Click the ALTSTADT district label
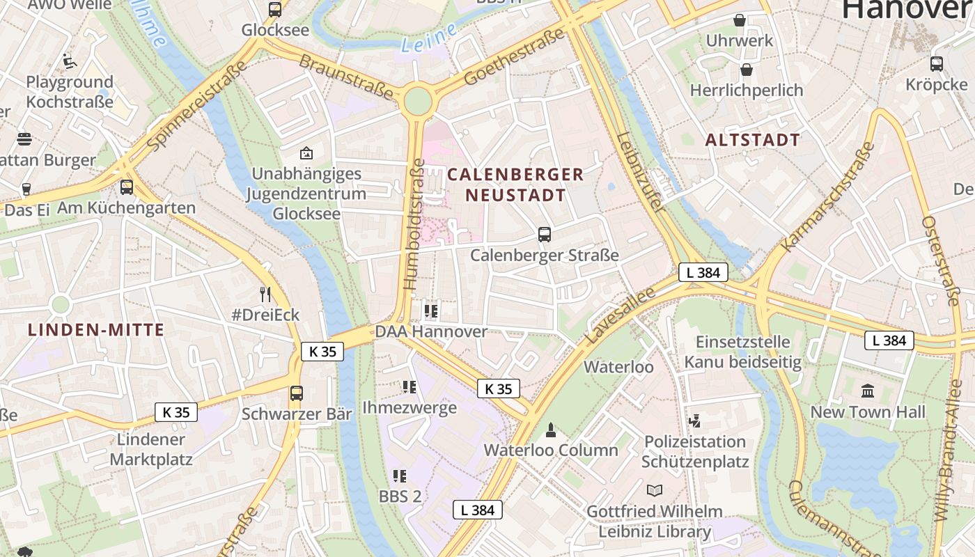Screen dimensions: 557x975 point(753,140)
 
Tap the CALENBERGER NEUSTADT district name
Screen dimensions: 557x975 point(515,185)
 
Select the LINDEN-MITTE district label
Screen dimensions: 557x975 point(96,330)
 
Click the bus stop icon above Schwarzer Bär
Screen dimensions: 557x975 point(297,393)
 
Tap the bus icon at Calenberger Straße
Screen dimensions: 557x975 point(545,235)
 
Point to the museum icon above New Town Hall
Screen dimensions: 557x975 point(868,391)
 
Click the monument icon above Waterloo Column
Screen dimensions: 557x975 point(551,430)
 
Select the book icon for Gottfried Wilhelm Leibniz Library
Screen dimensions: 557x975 point(654,490)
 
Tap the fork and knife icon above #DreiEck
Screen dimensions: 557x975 point(265,294)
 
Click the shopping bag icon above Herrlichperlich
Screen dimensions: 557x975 point(747,70)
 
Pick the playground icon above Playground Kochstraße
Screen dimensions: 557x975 point(69,61)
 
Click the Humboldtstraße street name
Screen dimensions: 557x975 point(413,224)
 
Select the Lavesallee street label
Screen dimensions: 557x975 point(621,315)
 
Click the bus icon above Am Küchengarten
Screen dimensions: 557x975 point(127,187)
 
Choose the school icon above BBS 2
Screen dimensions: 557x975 point(399,476)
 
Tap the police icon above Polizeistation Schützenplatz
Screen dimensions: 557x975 point(694,421)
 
